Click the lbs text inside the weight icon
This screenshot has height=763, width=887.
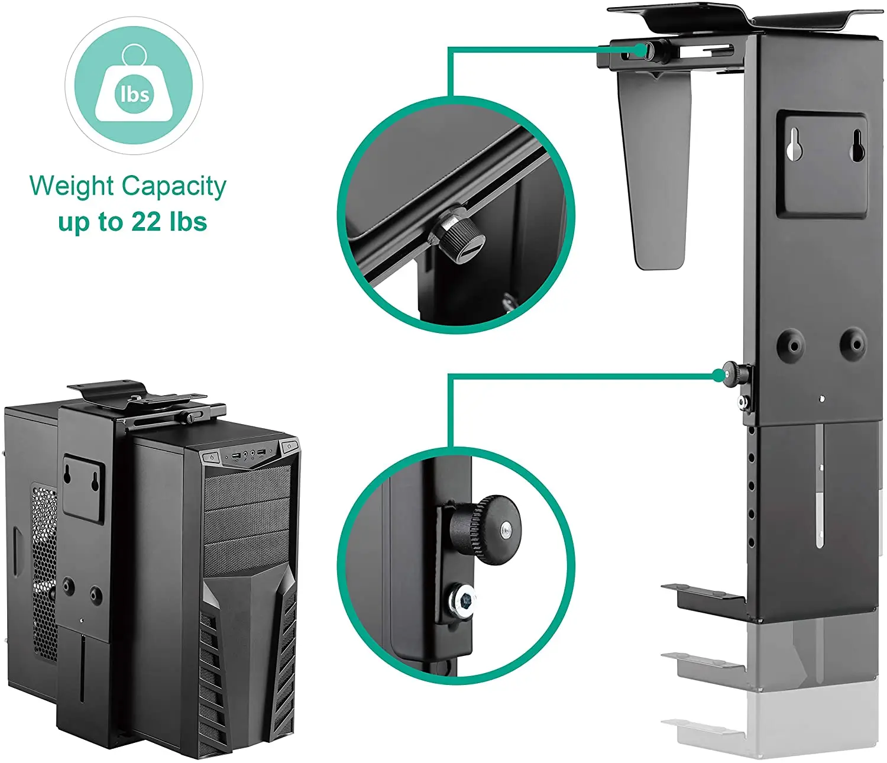click(x=134, y=94)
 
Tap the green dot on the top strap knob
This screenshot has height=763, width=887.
click(x=642, y=51)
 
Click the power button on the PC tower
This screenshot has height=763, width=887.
click(x=212, y=457)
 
